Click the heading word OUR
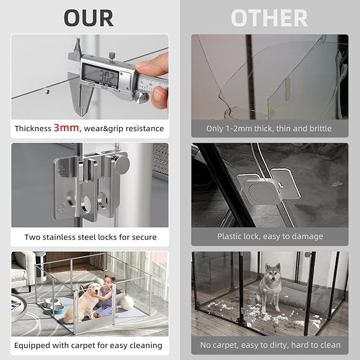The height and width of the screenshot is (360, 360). click(x=89, y=17)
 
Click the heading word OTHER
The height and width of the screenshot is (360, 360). click(x=269, y=17)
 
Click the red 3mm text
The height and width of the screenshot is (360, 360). click(x=66, y=128)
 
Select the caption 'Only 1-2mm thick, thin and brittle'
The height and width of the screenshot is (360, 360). click(x=269, y=129)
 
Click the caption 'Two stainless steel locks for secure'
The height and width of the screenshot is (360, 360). click(x=91, y=237)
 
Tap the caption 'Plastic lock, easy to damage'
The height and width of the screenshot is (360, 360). click(x=270, y=236)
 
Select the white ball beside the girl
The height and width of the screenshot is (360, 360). click(x=127, y=302)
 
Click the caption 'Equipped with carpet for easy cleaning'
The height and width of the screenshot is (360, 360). click(x=88, y=345)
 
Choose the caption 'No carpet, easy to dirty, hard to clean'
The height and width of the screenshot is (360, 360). click(x=270, y=345)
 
